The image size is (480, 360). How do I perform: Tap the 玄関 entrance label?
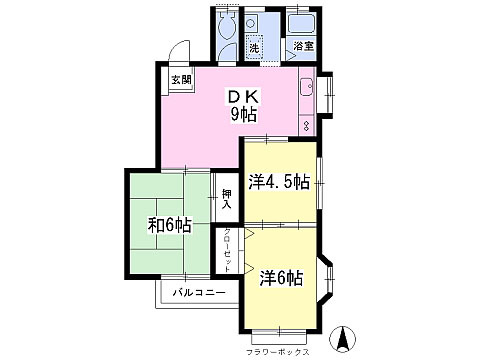tap(179, 80)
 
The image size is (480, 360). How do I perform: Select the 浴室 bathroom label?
tap(302, 46)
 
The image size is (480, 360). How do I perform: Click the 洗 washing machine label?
tap(254, 48)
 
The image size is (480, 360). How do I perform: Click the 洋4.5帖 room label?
tap(278, 181)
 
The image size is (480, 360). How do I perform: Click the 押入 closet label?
tap(226, 198)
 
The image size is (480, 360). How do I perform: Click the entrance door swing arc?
tap(178, 52)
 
